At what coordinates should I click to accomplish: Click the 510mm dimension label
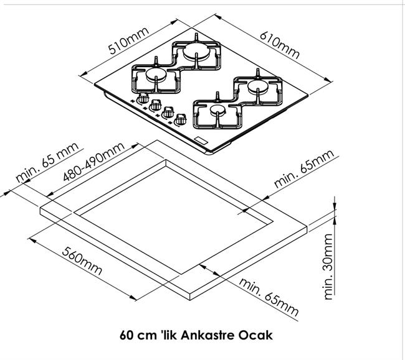[x=129, y=40]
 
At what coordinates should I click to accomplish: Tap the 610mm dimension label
[x=280, y=45]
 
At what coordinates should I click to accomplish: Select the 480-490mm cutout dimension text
[x=93, y=162]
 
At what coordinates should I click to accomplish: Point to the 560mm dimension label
[x=82, y=261]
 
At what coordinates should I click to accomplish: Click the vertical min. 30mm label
[x=328, y=267]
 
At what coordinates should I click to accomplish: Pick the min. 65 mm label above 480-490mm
[x=47, y=162]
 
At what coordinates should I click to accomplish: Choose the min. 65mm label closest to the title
[x=269, y=297]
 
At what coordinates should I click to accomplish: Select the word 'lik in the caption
[x=169, y=336]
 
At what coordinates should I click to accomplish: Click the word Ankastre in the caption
[x=207, y=336]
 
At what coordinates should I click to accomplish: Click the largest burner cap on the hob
[x=197, y=51]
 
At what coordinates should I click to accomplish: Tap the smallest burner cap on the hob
[x=217, y=110]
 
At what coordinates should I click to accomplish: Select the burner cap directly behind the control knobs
[x=156, y=75]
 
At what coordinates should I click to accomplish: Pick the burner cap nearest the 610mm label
[x=258, y=86]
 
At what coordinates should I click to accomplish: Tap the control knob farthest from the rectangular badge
[x=143, y=99]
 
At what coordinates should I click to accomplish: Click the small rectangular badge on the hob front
[x=201, y=141]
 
